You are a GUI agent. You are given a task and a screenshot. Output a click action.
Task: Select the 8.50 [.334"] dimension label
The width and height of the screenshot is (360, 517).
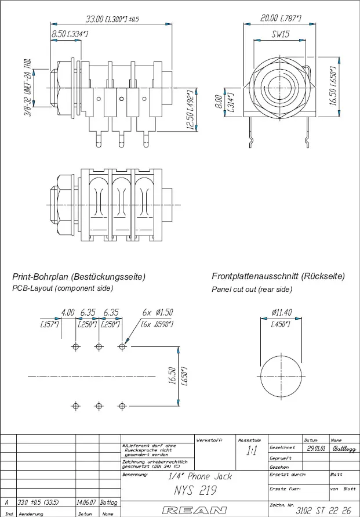point(70,35)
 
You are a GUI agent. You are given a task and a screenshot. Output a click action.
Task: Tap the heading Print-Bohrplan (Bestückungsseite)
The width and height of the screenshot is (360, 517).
point(79,277)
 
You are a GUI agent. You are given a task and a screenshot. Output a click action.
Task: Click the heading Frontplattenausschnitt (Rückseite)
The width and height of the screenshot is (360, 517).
point(278,277)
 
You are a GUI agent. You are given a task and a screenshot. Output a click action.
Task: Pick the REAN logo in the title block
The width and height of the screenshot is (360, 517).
point(194,510)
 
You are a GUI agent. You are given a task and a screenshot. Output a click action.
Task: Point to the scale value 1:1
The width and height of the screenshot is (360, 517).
point(252,451)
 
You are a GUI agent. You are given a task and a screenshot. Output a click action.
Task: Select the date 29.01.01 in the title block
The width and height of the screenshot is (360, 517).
point(316,449)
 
